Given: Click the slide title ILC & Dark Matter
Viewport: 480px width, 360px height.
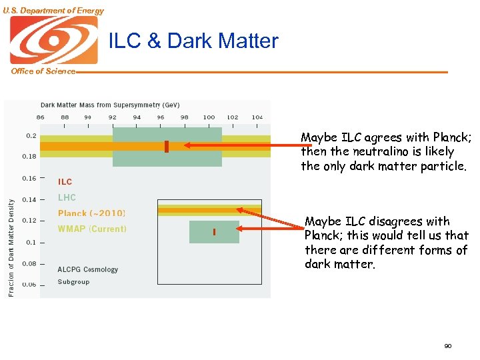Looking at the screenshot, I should point(193,41).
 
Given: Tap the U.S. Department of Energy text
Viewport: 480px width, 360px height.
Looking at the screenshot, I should point(53,11).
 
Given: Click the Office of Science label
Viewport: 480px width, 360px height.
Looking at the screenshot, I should point(43,71).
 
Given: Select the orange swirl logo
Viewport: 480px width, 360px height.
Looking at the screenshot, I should point(53,40).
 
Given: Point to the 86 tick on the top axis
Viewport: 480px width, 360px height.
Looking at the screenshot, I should point(41,117).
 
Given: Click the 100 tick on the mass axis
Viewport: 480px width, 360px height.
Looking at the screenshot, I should point(209,117).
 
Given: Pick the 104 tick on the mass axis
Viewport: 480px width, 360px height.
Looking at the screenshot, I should point(257,117).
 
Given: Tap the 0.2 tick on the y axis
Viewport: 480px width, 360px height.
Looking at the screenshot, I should point(31,135).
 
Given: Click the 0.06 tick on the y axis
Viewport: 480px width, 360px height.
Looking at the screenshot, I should point(29,285).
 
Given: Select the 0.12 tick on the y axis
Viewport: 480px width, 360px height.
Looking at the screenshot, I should point(29,221).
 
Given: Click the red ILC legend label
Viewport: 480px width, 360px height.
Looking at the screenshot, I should point(65,181).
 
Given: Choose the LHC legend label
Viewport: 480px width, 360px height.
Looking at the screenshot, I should point(67,197).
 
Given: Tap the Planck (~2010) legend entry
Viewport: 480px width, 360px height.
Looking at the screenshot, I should point(91,213).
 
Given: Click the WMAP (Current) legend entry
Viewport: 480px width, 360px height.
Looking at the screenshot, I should point(92,229).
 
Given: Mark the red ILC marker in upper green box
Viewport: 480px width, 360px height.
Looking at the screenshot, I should point(166,147).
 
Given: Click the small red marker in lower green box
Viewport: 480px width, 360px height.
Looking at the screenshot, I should point(214,232).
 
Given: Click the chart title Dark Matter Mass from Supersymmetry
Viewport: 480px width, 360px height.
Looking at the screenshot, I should point(110,105).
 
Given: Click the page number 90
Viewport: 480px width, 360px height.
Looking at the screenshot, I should point(447,346).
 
